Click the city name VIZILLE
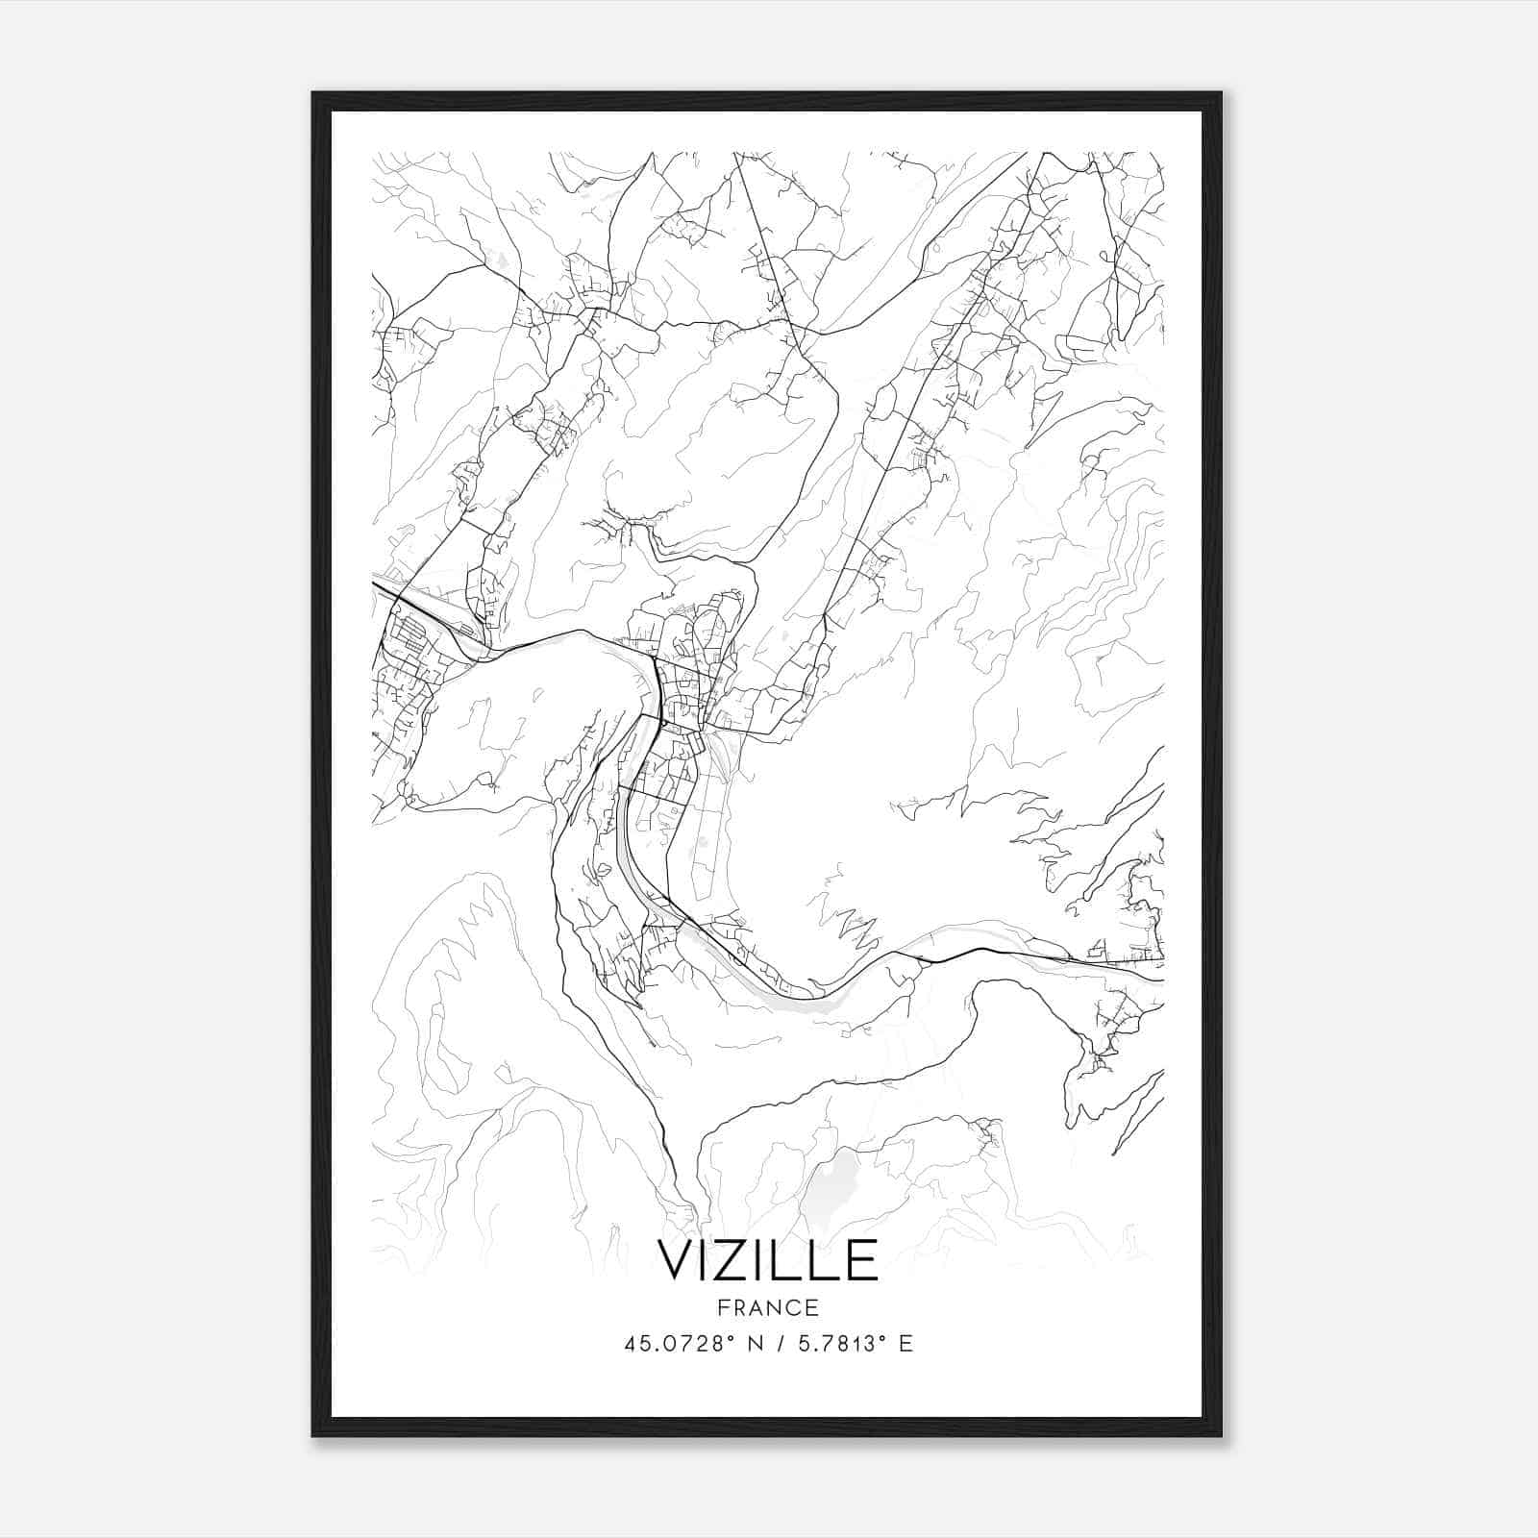point(767,1260)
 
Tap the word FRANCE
point(767,1307)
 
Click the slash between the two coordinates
point(777,1343)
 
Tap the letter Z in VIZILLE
point(740,1260)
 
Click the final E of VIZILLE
point(861,1260)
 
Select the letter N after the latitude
point(753,1343)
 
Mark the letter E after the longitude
point(905,1343)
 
